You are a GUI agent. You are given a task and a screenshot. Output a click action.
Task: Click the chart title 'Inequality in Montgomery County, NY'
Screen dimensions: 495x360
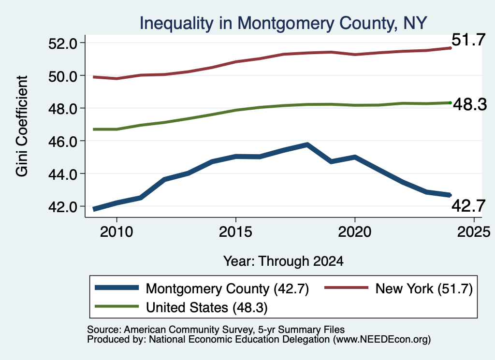(283, 23)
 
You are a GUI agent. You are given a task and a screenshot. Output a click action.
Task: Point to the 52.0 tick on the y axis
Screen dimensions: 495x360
(62, 43)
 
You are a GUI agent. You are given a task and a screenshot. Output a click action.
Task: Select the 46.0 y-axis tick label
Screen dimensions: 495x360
(62, 142)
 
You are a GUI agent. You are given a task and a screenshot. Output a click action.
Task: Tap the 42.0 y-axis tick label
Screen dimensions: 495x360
(62, 207)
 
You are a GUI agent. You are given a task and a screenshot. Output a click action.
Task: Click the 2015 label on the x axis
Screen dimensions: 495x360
(235, 232)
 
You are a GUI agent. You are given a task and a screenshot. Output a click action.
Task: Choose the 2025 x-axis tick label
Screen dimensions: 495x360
(474, 232)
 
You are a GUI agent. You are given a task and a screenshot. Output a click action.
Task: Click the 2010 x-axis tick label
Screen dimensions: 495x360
(116, 232)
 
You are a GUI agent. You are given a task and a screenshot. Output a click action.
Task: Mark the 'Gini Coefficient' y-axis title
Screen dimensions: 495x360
(22, 126)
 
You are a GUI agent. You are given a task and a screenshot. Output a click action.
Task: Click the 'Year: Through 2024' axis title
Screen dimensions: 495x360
(283, 261)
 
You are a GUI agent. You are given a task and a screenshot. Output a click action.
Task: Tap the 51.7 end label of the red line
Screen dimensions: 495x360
(468, 40)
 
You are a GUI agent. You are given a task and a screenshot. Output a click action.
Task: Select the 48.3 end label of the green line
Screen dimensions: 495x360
(470, 104)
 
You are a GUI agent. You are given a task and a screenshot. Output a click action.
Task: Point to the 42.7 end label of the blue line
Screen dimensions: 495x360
(468, 206)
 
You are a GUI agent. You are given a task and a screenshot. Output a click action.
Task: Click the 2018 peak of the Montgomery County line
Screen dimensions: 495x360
(307, 145)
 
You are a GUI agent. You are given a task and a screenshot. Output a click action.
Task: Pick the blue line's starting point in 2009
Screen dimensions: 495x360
(94, 209)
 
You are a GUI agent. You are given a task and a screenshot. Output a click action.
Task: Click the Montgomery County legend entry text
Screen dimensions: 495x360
(227, 288)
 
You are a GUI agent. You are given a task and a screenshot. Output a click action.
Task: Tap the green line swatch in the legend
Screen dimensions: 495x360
(117, 306)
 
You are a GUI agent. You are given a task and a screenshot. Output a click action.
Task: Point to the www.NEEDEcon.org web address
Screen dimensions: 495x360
(381, 340)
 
